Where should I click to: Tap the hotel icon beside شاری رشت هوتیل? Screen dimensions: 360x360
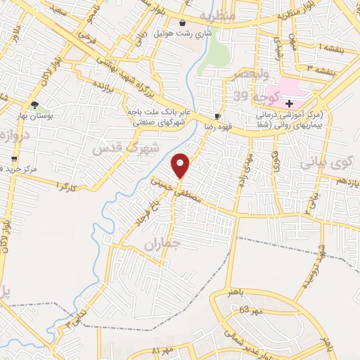click(x=183, y=22)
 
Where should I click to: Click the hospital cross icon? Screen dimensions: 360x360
click(x=289, y=103)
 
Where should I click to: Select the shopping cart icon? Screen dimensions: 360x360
click(x=13, y=159)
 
